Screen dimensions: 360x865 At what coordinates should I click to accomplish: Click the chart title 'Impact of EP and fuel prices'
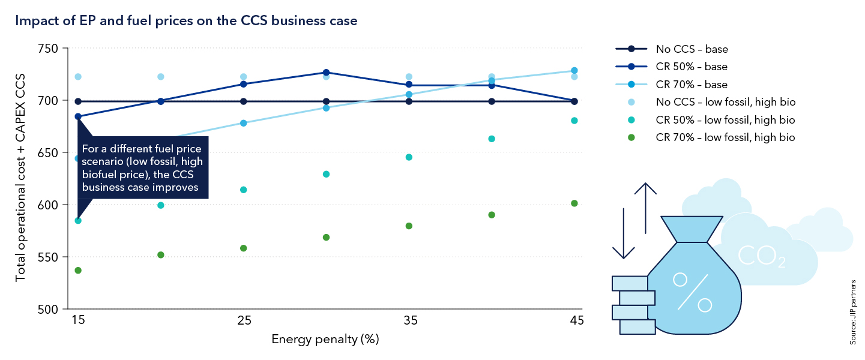point(186,22)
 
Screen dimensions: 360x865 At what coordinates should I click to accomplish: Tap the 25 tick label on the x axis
point(244,321)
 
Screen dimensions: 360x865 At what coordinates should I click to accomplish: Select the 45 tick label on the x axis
point(574,321)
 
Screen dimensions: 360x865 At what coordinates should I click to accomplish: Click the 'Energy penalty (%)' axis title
point(325,340)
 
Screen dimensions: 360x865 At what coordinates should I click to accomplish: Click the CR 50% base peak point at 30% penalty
point(326,73)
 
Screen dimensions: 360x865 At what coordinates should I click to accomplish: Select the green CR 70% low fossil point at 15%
point(78,271)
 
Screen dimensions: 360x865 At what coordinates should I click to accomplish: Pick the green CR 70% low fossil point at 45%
point(574,203)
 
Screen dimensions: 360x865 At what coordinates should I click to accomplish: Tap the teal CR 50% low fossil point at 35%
point(409,157)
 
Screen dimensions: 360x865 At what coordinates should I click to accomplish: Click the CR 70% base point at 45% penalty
point(574,71)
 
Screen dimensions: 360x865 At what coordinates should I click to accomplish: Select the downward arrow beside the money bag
point(624,234)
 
